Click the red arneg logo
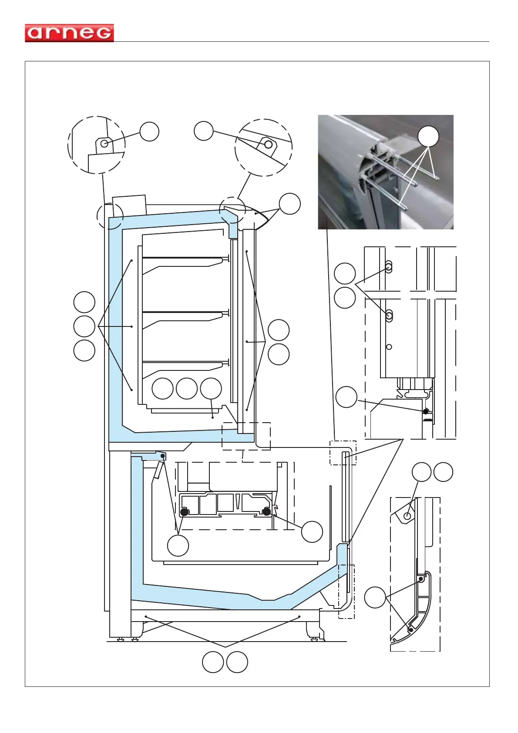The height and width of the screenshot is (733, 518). click(x=69, y=33)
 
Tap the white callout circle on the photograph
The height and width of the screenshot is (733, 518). click(x=428, y=136)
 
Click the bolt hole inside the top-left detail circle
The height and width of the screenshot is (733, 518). click(x=104, y=143)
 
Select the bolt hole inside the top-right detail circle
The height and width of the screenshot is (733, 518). click(x=268, y=144)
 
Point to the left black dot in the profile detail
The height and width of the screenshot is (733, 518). click(x=184, y=512)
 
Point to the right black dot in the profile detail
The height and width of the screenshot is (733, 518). click(x=266, y=512)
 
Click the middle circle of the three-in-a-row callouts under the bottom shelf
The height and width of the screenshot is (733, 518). click(x=187, y=388)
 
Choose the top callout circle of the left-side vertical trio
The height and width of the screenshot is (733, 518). click(x=84, y=302)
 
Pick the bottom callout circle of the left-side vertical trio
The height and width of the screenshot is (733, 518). click(x=84, y=350)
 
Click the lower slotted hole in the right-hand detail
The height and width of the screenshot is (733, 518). click(x=389, y=315)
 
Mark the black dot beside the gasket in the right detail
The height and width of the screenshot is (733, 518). click(x=426, y=411)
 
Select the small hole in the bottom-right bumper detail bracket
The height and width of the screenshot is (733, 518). click(x=407, y=516)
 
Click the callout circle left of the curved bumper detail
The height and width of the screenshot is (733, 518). click(x=375, y=597)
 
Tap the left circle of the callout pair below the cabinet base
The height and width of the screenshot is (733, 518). click(x=213, y=662)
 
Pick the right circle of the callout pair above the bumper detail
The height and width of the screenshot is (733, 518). click(x=443, y=472)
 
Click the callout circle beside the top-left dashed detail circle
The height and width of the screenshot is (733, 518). click(x=149, y=131)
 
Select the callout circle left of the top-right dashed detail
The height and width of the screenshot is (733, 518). click(x=203, y=131)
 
